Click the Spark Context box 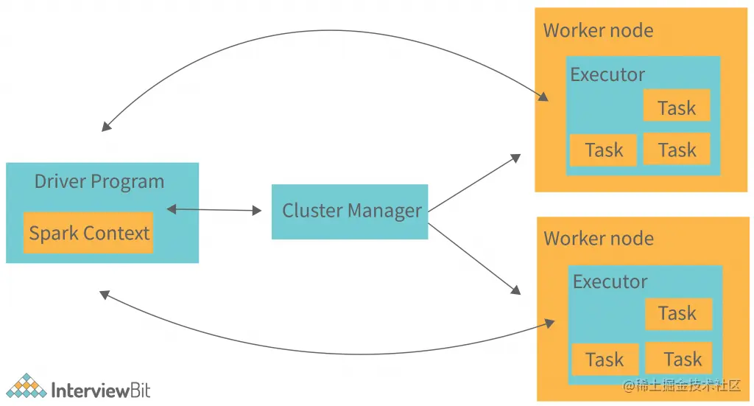click(88, 233)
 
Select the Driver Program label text click(99, 182)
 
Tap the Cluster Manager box click(350, 211)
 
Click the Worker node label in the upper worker click(598, 31)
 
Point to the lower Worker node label click(598, 239)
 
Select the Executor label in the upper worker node click(607, 74)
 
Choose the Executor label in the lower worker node click(610, 281)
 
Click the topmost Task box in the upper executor click(677, 107)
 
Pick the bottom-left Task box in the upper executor click(603, 150)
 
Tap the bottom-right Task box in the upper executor click(677, 150)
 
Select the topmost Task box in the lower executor click(678, 314)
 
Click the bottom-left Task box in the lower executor click(605, 360)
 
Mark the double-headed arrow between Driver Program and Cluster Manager click(214, 210)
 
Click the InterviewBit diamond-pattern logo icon click(26, 387)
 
